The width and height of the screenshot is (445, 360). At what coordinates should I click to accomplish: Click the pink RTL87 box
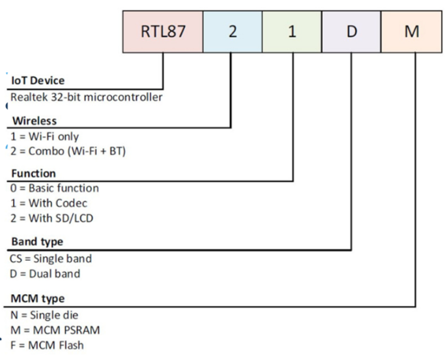coord(163,31)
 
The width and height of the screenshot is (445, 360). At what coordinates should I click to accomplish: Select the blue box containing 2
coord(233,31)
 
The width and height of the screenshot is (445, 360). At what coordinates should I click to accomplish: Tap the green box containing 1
coord(292,31)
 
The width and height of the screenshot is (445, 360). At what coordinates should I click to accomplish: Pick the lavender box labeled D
coord(351,31)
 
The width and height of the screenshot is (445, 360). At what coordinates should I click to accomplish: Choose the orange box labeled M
coord(412,31)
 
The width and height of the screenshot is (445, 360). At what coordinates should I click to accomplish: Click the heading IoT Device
coord(38,81)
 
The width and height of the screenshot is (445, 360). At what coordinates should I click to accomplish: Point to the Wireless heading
coord(35,121)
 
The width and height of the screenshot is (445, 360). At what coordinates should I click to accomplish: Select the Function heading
coord(33,173)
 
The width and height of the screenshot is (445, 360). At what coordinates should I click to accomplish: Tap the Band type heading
coord(37,242)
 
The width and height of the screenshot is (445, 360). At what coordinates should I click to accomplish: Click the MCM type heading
coord(37,299)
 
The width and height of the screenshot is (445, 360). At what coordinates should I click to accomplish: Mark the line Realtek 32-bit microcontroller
coord(87,97)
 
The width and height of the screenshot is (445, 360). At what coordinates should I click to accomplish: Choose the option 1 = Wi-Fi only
coord(44,137)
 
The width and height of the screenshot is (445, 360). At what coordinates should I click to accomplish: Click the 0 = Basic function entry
coord(55,188)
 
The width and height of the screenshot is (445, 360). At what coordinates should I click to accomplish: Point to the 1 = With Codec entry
coord(49,203)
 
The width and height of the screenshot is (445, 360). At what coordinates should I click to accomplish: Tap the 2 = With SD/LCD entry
coord(52,218)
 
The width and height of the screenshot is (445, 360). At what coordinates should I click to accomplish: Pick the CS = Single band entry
coord(51,259)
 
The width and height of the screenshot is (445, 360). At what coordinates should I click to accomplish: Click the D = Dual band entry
coord(45,274)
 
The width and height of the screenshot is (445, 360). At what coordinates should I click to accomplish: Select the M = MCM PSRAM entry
coord(55,330)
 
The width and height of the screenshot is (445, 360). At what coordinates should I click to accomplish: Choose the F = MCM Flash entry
coord(47,345)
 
